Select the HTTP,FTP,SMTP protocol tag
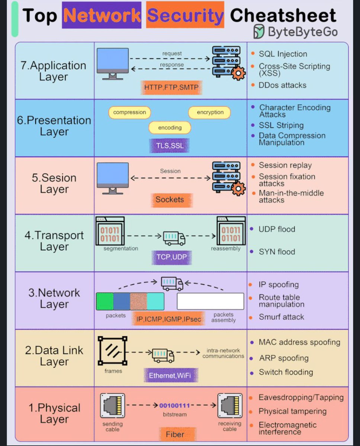click(x=171, y=87)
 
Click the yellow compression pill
click(x=129, y=112)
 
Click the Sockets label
click(x=170, y=200)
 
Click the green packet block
click(x=105, y=301)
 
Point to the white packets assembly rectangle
click(x=210, y=301)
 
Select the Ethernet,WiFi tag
click(x=170, y=375)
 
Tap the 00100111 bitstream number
click(x=174, y=405)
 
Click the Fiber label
click(x=175, y=434)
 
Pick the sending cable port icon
click(x=112, y=406)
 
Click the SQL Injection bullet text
click(x=283, y=54)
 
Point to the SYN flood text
click(x=277, y=252)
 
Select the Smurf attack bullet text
click(x=281, y=317)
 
